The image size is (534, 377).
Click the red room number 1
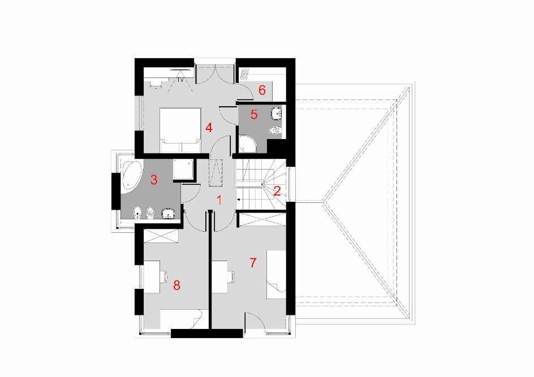pos(219,201)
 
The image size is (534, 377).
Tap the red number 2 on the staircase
pos(277,191)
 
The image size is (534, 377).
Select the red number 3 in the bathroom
pos(154,180)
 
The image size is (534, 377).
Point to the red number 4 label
pos(209,128)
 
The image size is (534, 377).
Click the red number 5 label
pos(254,115)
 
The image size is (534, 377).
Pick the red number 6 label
pos(262,90)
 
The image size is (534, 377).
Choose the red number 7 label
pos(253,263)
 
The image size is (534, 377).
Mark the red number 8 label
pos(176,285)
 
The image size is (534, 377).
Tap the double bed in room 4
pos(180,130)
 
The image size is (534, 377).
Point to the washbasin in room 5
pos(277,113)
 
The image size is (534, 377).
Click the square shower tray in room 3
pos(183,170)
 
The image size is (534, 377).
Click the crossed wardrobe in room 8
pos(161,236)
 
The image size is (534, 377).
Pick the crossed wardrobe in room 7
pos(262,219)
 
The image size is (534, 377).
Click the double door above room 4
pos(215,76)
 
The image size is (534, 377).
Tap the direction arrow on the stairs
pos(239,200)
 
